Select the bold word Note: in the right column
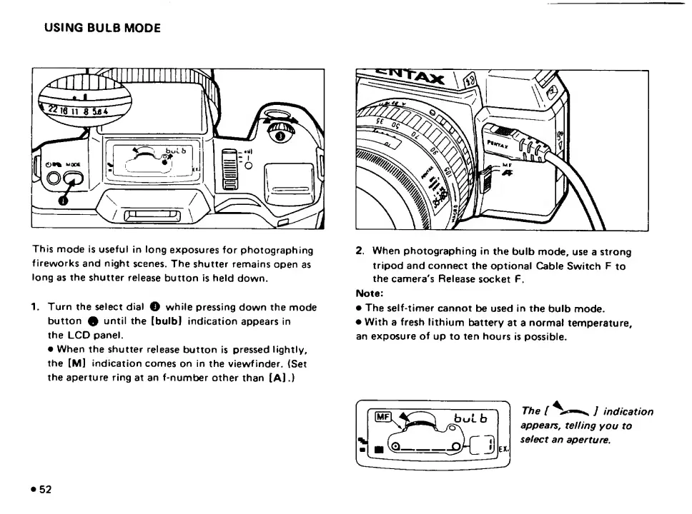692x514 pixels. [370, 293]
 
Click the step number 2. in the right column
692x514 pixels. [360, 251]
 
